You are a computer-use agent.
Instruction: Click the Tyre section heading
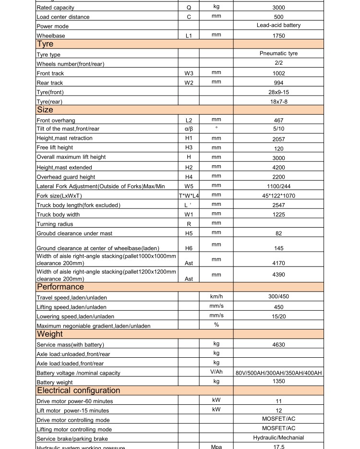click(45, 44)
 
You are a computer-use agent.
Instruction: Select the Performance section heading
click(60, 287)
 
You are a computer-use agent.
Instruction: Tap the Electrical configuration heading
click(78, 390)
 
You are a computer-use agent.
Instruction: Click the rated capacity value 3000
click(278, 8)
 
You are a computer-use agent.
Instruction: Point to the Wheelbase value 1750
click(278, 36)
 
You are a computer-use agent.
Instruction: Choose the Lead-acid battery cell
click(278, 25)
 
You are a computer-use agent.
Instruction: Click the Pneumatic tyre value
click(278, 54)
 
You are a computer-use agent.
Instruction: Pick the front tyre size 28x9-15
click(278, 92)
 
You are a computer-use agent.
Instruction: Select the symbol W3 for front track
click(189, 73)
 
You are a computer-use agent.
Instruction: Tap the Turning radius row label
click(55, 224)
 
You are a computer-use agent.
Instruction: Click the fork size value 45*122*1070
click(278, 195)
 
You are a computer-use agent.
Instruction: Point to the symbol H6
click(189, 248)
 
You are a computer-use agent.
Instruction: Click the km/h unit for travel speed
click(216, 297)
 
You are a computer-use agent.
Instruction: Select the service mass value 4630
click(278, 344)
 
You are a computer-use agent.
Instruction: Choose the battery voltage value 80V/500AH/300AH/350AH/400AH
click(278, 373)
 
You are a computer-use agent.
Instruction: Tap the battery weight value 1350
click(278, 382)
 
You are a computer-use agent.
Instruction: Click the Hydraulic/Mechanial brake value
click(278, 438)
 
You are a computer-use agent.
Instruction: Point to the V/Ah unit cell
click(216, 372)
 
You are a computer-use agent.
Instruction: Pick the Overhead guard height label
click(66, 177)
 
